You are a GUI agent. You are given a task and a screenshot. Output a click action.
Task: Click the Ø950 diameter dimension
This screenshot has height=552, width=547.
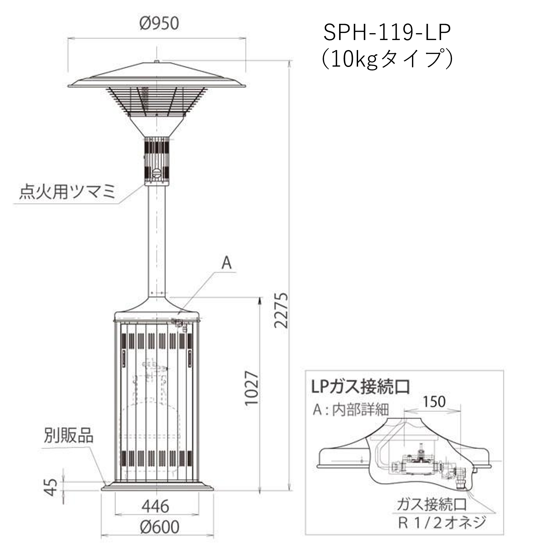pos(159,23)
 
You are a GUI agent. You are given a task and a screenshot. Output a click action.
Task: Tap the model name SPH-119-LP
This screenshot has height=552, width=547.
pos(387,33)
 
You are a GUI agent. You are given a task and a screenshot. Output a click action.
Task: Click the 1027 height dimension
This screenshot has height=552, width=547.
pos(251,388)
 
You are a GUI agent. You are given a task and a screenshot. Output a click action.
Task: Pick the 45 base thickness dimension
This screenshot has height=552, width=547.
pos(51,487)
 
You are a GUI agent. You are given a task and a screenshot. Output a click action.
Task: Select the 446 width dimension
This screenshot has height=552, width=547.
pos(156,506)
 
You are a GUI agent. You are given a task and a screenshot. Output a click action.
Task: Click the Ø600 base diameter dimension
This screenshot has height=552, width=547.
pos(160,527)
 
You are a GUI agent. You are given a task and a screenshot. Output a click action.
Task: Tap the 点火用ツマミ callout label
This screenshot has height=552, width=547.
pos(67,192)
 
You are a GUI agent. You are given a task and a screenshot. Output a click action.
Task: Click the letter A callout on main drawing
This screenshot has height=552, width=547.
pos(227,263)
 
